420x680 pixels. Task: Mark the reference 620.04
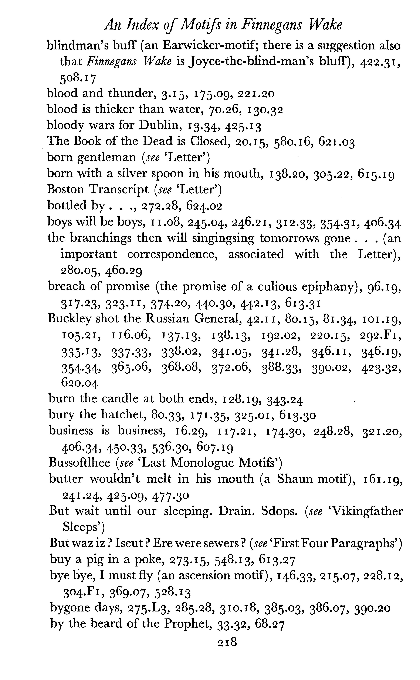coord(79,383)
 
